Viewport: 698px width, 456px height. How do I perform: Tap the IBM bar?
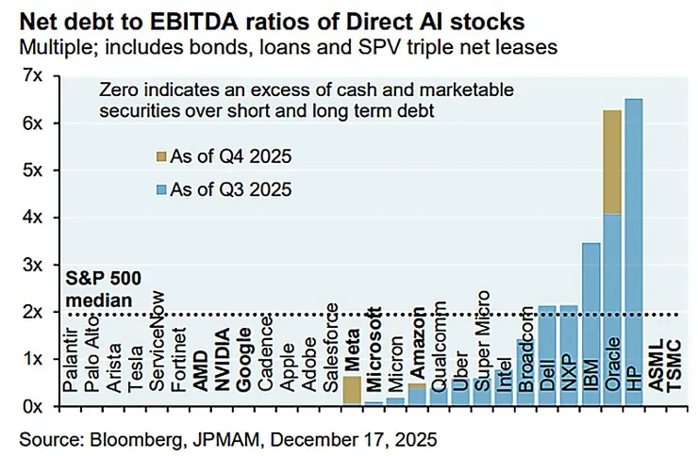[x=590, y=324]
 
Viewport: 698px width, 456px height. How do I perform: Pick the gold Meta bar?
[x=351, y=390]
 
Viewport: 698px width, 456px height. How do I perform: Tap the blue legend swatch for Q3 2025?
[x=160, y=189]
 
